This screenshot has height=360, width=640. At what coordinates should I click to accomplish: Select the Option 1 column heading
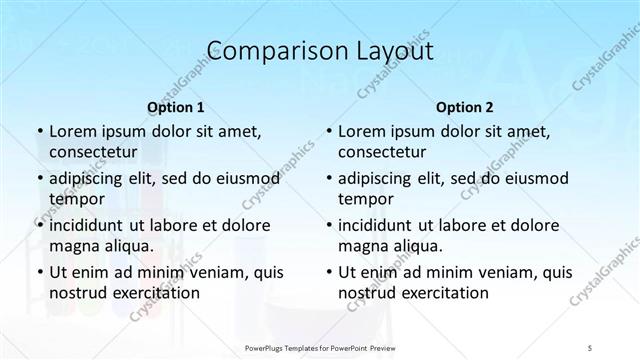tap(175, 106)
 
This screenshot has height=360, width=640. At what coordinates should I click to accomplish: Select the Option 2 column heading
tap(464, 106)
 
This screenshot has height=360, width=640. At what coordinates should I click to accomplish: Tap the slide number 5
tap(590, 347)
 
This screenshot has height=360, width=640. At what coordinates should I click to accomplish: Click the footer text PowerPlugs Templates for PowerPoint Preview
tap(319, 347)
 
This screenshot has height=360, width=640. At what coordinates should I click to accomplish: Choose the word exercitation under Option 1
tap(153, 293)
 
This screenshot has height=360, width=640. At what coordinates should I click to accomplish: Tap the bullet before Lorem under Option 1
tap(38, 131)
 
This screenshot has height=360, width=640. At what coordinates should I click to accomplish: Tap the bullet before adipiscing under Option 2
tap(327, 178)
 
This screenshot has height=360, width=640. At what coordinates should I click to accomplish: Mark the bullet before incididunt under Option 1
tap(38, 225)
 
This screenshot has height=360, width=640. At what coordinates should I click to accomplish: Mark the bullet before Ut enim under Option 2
tap(327, 272)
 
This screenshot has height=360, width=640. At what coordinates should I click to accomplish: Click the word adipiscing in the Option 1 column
tap(90, 178)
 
